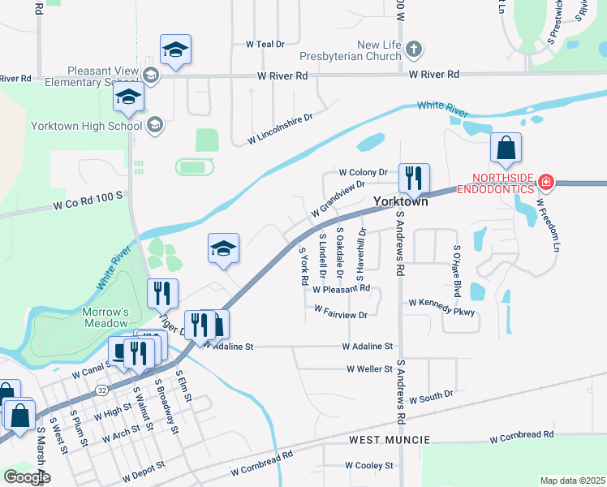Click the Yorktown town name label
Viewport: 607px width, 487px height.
[400, 201]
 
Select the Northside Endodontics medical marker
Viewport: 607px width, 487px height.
[546, 181]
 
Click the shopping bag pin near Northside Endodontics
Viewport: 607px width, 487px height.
[506, 149]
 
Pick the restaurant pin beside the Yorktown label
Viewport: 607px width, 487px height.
[414, 179]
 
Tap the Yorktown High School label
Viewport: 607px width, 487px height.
[86, 126]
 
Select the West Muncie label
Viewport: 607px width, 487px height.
[383, 439]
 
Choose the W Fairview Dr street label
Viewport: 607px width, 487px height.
[341, 311]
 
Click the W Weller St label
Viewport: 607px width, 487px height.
[369, 368]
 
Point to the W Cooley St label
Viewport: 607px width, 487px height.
[368, 466]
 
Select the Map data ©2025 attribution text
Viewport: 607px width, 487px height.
[572, 481]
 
